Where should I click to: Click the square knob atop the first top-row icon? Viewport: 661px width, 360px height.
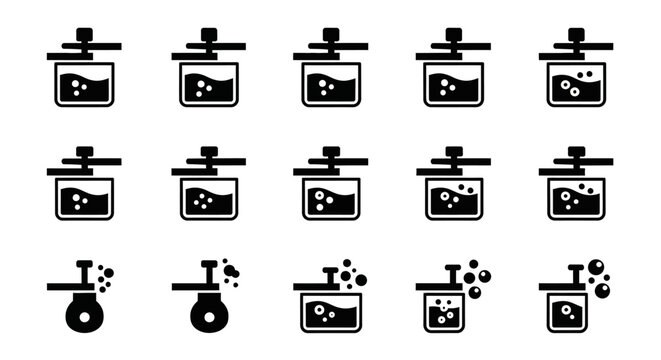point(85,34)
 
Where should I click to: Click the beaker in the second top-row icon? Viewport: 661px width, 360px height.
point(208,84)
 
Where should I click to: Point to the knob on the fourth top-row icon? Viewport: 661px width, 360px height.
point(453,34)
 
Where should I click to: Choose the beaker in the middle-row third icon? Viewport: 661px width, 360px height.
point(330,199)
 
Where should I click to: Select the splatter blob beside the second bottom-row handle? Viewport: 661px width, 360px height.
point(231,269)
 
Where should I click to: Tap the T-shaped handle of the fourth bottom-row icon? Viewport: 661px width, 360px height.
point(452,272)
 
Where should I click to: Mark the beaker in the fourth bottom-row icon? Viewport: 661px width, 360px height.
point(441,314)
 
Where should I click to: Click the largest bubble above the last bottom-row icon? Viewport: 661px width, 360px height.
point(597,266)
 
